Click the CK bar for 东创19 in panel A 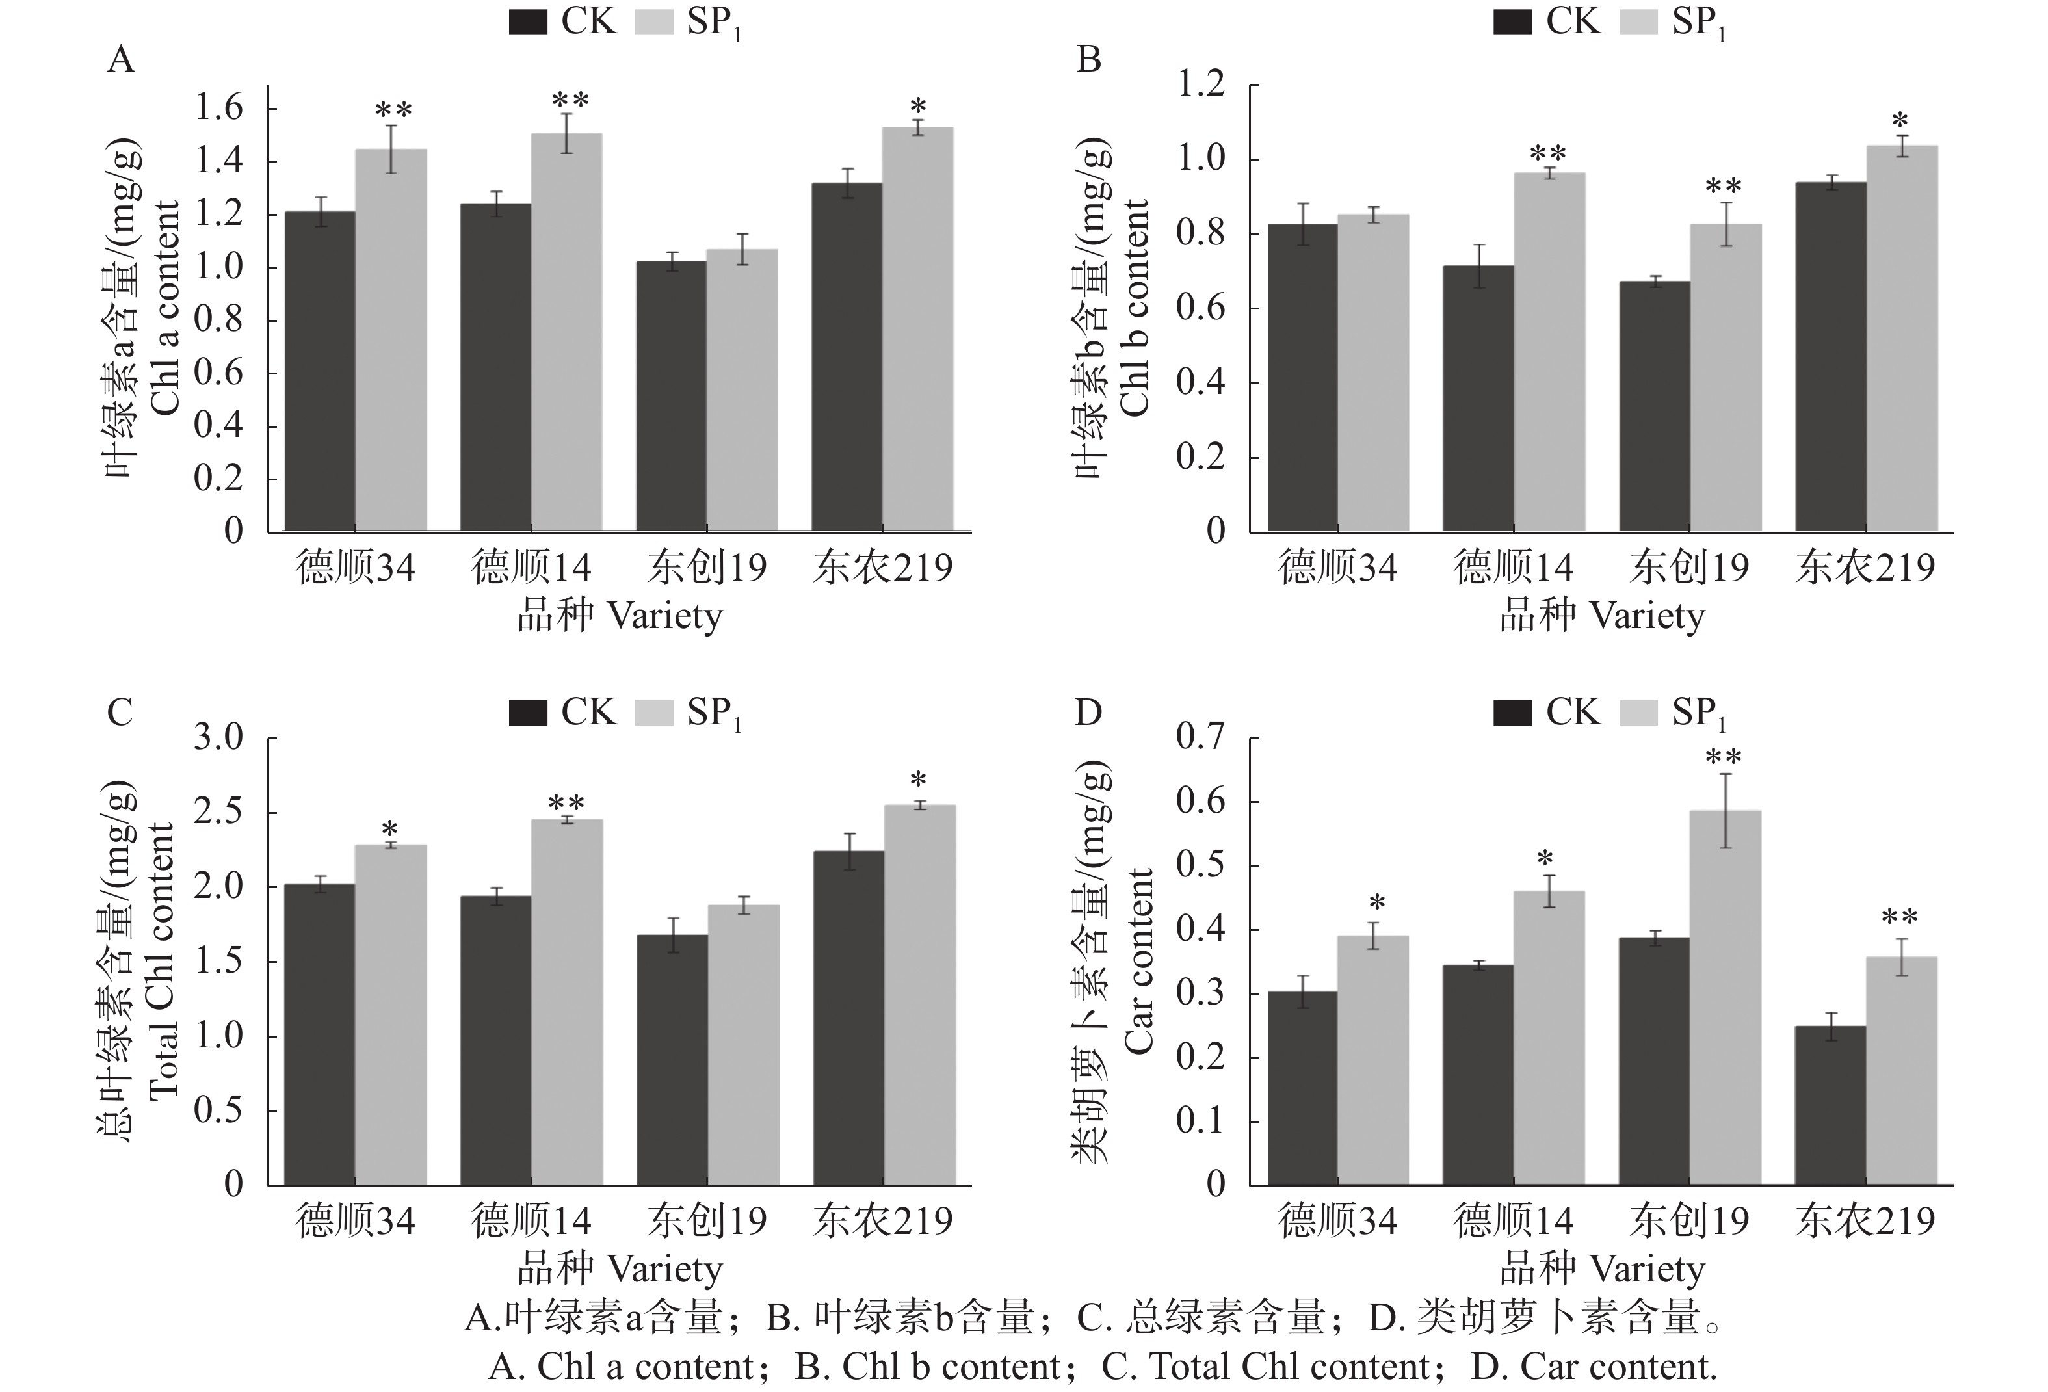tap(672, 397)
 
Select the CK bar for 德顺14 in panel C tap(496, 1040)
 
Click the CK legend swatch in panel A tap(529, 22)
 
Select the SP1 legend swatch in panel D tap(1639, 713)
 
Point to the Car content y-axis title tap(1140, 960)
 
